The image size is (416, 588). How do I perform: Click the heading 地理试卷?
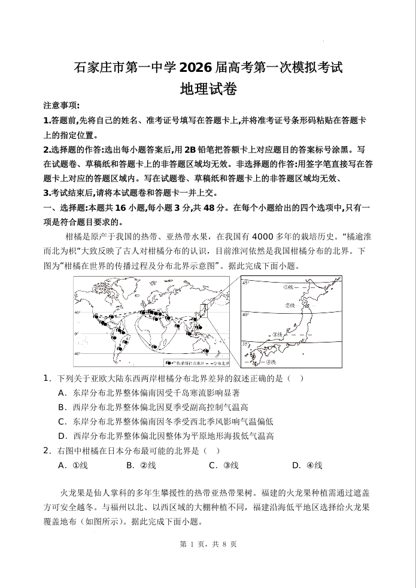208,90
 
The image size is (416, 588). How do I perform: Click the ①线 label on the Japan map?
290,287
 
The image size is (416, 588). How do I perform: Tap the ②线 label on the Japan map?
291,305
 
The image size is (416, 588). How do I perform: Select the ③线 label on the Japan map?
277,335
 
